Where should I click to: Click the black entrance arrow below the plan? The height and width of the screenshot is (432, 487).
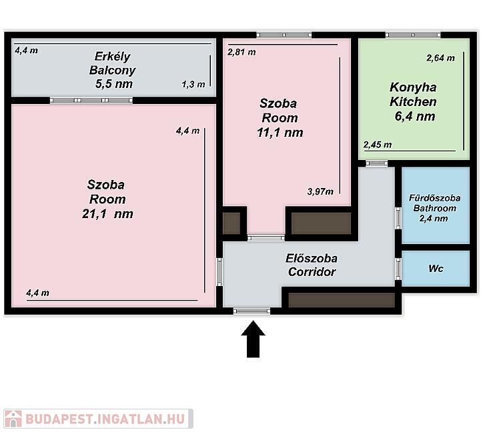[x=253, y=339]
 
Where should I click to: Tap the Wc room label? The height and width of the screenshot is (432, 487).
[x=436, y=269]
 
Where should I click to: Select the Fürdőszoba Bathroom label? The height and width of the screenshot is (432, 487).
[x=434, y=203]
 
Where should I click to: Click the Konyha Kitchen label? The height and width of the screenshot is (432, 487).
[x=413, y=95]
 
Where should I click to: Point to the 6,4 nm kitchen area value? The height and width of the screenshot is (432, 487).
[x=415, y=117]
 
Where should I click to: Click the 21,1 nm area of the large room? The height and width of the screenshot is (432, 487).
[x=107, y=214]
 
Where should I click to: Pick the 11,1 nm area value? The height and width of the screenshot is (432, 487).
[x=280, y=133]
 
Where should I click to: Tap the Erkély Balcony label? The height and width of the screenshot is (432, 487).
[x=112, y=63]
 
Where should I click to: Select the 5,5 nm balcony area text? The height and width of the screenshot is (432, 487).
[x=114, y=84]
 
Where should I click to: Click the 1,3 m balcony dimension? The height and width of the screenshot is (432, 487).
[x=193, y=84]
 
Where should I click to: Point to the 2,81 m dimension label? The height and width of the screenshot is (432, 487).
[x=241, y=52]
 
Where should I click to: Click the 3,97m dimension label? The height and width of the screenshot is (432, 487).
[x=320, y=191]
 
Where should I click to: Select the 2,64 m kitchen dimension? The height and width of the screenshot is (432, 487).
[x=440, y=58]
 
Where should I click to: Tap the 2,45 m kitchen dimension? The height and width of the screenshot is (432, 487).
[x=378, y=145]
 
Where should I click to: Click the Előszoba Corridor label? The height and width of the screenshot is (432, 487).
[x=312, y=265]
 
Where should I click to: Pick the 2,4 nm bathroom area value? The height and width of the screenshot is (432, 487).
[x=434, y=219]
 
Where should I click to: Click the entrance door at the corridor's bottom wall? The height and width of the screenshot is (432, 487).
[x=252, y=311]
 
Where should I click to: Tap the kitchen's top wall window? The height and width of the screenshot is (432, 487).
[x=413, y=35]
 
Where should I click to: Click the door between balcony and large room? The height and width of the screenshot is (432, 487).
[x=91, y=100]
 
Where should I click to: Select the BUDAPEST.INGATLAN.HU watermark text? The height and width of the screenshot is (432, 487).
[x=105, y=419]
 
